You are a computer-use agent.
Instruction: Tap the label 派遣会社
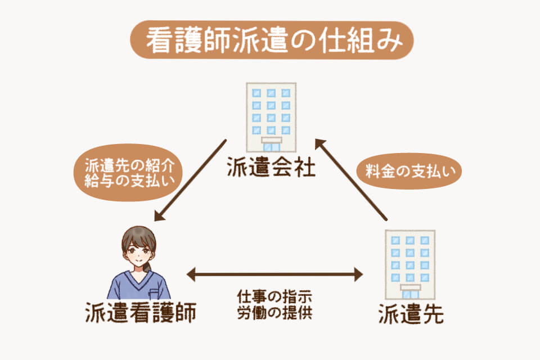pyautogui.click(x=271, y=166)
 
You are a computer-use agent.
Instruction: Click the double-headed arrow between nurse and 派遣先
pyautogui.click(x=274, y=274)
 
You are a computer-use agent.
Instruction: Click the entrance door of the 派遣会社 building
pyautogui.click(x=271, y=146)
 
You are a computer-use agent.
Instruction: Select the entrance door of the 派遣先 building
pyautogui.click(x=410, y=292)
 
